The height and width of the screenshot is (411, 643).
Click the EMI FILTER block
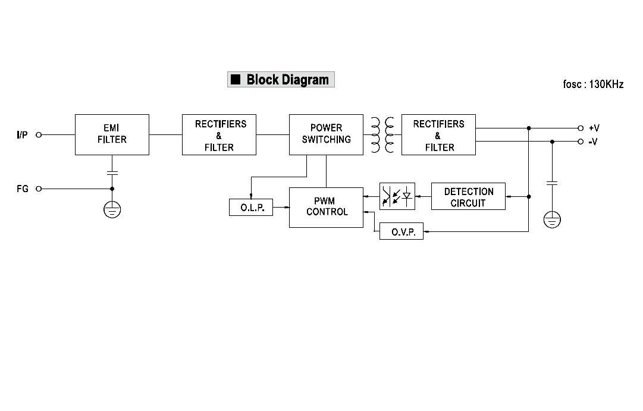(x=112, y=135)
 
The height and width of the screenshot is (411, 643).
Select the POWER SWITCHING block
(x=326, y=135)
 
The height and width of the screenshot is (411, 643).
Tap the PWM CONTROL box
(x=326, y=207)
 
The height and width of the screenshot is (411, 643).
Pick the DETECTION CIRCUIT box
(x=468, y=196)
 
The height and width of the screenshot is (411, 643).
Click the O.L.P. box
(x=251, y=208)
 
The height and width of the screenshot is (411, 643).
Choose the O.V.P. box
(x=402, y=231)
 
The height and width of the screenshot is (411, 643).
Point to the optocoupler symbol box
(x=397, y=196)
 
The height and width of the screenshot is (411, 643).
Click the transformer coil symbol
(x=382, y=135)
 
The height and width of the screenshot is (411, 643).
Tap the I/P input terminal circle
(x=39, y=135)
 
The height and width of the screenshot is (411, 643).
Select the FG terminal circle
(x=39, y=189)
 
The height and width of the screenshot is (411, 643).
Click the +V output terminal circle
(x=581, y=128)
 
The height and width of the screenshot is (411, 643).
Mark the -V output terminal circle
(x=581, y=142)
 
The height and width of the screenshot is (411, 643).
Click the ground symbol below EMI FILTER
(x=112, y=209)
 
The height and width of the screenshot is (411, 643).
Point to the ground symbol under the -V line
(x=552, y=220)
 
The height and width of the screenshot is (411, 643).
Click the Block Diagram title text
(x=287, y=80)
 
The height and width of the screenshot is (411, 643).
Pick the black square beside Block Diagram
(x=236, y=79)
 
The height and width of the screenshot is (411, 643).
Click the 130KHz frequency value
(x=606, y=84)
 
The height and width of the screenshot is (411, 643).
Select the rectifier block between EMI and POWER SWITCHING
(x=219, y=135)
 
